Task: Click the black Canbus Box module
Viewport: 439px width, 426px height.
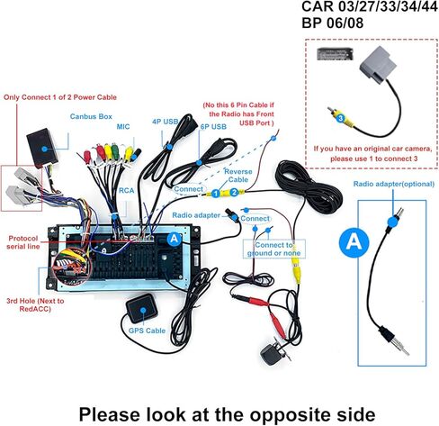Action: (42, 149)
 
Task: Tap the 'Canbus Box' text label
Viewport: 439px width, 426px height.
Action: (91, 116)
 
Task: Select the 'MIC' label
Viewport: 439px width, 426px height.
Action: (123, 126)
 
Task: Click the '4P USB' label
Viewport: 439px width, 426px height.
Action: (165, 122)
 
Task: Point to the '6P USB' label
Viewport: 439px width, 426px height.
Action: (213, 127)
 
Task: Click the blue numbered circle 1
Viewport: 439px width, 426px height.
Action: (215, 194)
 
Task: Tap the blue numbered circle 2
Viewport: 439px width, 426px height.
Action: (234, 193)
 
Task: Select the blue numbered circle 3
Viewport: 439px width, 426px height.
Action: (340, 118)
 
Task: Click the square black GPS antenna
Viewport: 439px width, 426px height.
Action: (142, 309)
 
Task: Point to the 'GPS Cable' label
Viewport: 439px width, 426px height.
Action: (147, 331)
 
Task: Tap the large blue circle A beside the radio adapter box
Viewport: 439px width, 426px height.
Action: (354, 241)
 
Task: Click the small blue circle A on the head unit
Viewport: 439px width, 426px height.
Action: (174, 239)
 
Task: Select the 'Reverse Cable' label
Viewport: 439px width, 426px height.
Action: (237, 176)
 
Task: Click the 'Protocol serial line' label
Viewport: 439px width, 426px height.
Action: (23, 242)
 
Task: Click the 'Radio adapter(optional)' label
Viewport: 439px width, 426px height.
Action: (393, 184)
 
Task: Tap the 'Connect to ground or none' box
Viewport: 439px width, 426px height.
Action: (273, 249)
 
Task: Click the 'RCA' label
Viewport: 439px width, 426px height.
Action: (126, 191)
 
